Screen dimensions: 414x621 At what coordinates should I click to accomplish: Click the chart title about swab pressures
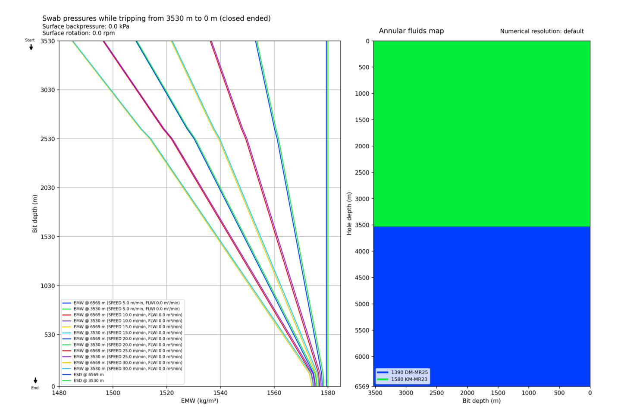[156, 19]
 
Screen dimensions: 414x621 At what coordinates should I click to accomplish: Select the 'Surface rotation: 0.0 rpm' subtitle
[78, 33]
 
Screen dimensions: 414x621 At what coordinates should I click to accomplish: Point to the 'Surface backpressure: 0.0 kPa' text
[85, 26]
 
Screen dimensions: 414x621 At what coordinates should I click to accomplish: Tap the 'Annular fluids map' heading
[411, 31]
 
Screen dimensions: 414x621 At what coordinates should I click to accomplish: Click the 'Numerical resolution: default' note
[542, 31]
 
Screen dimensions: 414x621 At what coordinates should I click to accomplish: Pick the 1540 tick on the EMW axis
[220, 393]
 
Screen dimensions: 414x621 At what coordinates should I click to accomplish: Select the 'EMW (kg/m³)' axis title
[199, 401]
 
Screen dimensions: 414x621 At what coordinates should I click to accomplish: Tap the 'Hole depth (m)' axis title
[349, 213]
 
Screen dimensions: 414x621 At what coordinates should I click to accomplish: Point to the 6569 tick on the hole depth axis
[362, 386]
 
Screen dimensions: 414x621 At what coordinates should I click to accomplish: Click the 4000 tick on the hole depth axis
[362, 251]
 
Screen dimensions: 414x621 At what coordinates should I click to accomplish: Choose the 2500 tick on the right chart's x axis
[436, 393]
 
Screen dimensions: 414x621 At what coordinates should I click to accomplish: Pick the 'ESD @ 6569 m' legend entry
[88, 375]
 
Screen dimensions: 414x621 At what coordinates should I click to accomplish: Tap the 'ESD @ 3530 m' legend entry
[88, 381]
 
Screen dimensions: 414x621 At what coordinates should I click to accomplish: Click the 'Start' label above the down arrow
[30, 40]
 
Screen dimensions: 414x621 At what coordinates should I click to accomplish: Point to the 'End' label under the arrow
[35, 388]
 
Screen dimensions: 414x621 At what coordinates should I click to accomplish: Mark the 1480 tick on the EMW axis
[59, 393]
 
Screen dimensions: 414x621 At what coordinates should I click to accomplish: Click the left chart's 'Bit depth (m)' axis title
[35, 213]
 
